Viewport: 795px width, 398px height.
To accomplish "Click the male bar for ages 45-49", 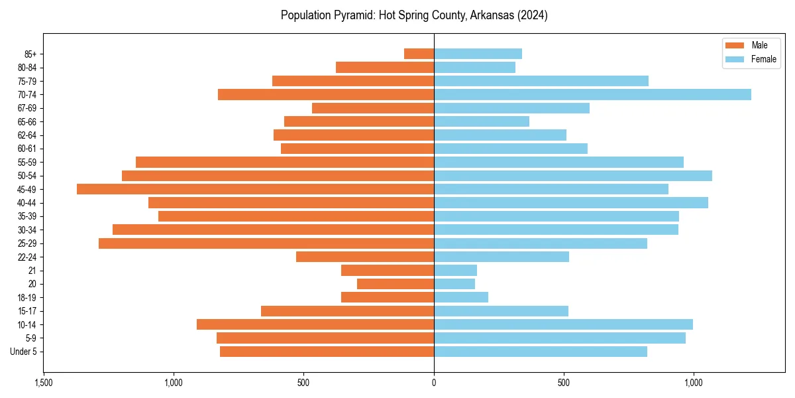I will click(255, 189).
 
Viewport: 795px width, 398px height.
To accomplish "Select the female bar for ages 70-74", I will click(592, 94).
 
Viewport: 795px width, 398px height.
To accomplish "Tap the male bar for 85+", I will click(419, 54).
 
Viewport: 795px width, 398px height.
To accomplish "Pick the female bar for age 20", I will click(454, 284).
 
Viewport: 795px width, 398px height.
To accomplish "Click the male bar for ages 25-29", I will click(266, 243).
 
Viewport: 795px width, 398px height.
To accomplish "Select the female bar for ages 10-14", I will click(563, 324).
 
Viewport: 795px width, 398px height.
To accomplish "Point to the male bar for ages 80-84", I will click(385, 67).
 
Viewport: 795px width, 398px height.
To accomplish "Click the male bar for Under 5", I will click(327, 352).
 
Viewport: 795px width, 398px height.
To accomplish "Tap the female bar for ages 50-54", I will click(573, 176).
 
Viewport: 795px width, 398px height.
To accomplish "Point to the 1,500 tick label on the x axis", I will click(44, 383).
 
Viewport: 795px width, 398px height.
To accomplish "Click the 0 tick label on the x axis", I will click(434, 383).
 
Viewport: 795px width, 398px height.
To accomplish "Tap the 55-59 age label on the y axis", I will click(27, 163).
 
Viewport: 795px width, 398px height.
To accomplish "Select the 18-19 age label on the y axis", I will click(27, 298).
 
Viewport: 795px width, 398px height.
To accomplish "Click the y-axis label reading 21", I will click(32, 271).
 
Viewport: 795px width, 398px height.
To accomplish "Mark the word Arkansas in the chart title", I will click(490, 15).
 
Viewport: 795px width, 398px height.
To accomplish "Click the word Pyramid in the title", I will click(355, 15).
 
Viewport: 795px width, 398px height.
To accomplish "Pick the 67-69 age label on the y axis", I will click(27, 108).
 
